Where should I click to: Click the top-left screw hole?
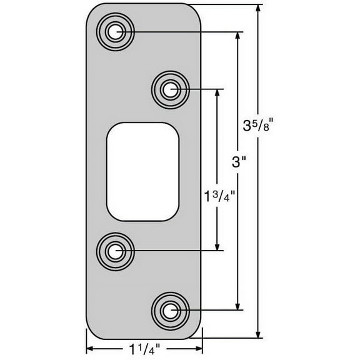114,31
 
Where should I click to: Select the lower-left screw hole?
114,251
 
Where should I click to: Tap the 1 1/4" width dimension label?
144,349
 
